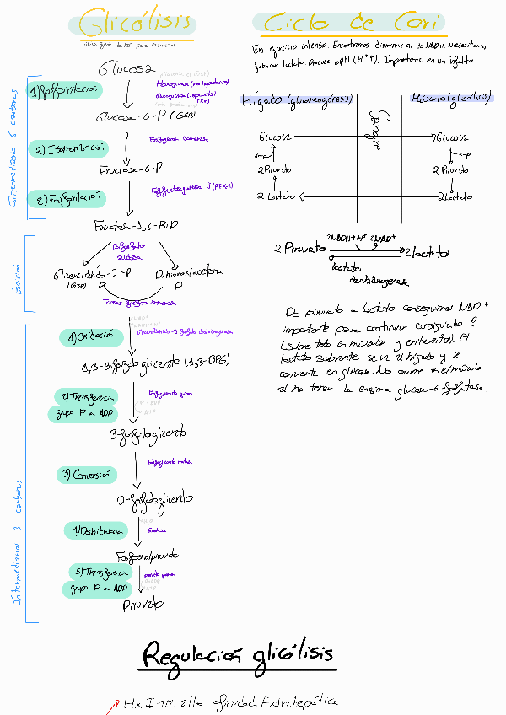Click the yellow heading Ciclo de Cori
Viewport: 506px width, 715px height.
353,24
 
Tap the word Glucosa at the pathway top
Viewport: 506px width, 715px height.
126,67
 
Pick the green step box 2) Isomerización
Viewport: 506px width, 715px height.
71,149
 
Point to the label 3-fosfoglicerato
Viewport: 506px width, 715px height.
147,433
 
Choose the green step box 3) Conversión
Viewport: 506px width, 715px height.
84,474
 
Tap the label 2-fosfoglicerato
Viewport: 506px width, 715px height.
155,500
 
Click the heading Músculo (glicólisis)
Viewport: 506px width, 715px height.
450,99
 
